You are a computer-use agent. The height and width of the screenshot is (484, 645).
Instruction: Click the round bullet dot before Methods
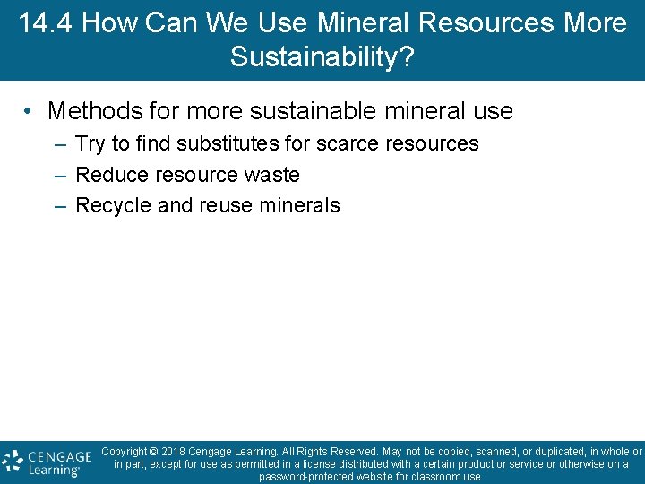point(30,111)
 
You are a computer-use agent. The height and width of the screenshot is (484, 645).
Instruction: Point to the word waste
point(270,175)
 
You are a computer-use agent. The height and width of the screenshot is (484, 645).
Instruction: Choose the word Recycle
point(113,205)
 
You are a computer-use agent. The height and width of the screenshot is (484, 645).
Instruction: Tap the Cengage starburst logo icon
point(13,461)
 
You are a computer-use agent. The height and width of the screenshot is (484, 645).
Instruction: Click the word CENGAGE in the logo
point(59,455)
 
